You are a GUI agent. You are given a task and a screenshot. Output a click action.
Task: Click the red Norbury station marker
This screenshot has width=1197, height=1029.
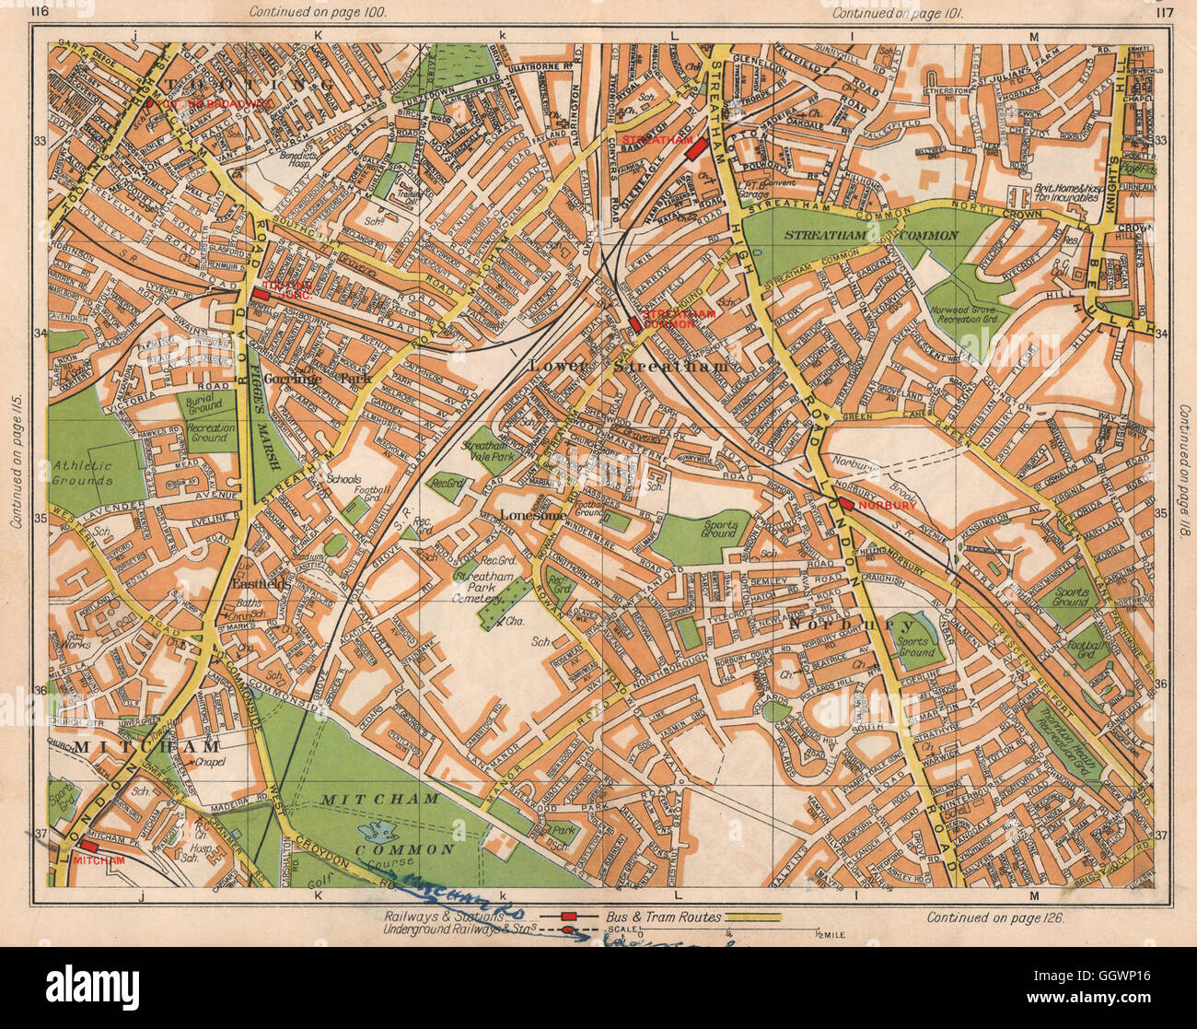(846, 504)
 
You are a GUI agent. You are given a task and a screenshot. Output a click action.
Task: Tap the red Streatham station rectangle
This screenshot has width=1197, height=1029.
(696, 148)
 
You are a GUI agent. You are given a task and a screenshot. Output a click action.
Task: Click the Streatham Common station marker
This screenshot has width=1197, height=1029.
(634, 324)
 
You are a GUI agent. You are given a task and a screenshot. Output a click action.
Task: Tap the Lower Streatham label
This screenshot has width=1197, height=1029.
(629, 366)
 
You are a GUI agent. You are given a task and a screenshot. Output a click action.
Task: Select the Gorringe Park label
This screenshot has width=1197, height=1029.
(292, 379)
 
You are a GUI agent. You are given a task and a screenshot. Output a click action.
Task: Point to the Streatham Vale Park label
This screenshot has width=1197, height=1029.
(494, 443)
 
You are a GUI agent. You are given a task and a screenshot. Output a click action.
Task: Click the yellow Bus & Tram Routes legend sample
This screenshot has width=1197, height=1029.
(753, 917)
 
